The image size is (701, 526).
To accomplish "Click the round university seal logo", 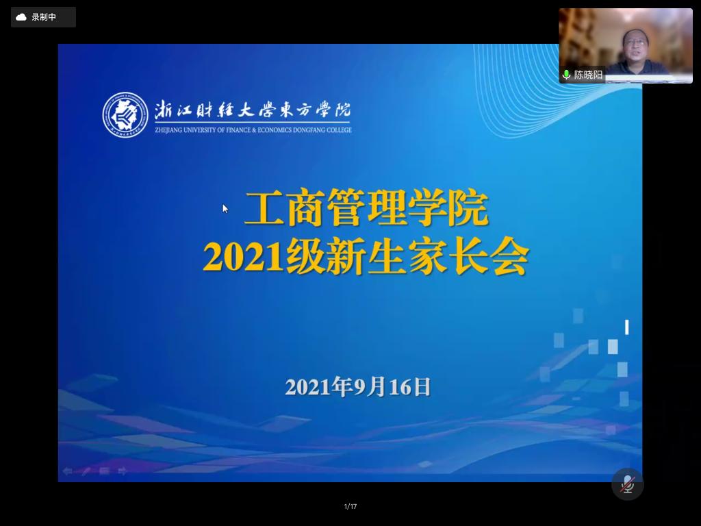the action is pyautogui.click(x=125, y=115).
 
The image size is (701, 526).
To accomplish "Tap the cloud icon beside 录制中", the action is pyautogui.click(x=21, y=17).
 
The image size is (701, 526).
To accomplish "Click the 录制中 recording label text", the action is pyautogui.click(x=44, y=17).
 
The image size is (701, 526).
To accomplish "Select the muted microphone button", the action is pyautogui.click(x=628, y=484).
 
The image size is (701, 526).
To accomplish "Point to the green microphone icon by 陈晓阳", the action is pyautogui.click(x=566, y=74).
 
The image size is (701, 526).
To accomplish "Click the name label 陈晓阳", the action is pyautogui.click(x=588, y=75).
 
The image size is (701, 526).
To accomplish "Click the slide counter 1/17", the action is pyautogui.click(x=350, y=506).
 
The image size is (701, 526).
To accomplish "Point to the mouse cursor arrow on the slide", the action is pyautogui.click(x=225, y=208).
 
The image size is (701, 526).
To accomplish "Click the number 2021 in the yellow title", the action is pyautogui.click(x=243, y=258).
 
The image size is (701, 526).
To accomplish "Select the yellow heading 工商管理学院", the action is pyautogui.click(x=366, y=208).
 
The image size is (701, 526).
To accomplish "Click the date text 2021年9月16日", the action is pyautogui.click(x=358, y=387).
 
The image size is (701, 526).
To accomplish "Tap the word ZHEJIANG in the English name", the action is pyautogui.click(x=168, y=130).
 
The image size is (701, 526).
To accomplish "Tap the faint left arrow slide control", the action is pyautogui.click(x=68, y=471).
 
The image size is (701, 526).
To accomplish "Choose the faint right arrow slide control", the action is pyautogui.click(x=122, y=471).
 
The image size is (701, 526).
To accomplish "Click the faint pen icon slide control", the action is pyautogui.click(x=86, y=471).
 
